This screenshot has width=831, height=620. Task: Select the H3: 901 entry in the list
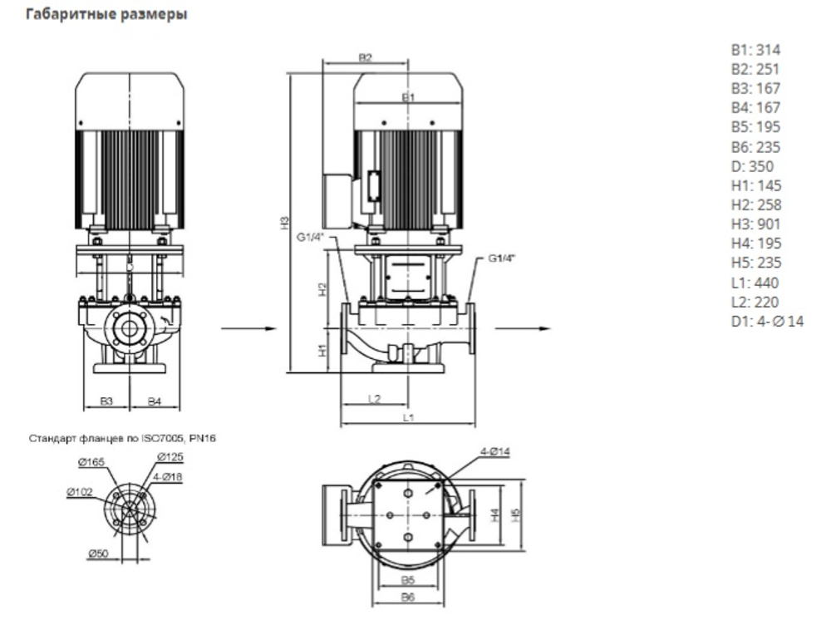click(x=755, y=224)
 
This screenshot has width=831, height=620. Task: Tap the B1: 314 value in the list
click(x=755, y=50)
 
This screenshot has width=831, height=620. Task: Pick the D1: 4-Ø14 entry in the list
click(x=767, y=321)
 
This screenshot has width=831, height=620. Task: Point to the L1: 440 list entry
click(x=755, y=282)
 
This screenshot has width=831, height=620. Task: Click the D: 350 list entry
click(x=752, y=165)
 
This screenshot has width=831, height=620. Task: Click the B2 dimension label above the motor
click(x=365, y=58)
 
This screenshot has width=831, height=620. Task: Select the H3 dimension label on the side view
click(x=284, y=222)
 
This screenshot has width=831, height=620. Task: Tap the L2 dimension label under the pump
click(x=374, y=400)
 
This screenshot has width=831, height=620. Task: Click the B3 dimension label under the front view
click(x=106, y=401)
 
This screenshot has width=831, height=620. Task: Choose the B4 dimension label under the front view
click(x=155, y=401)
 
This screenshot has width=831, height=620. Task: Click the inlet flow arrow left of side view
click(x=248, y=329)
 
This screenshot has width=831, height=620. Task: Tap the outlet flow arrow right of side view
click(x=522, y=329)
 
